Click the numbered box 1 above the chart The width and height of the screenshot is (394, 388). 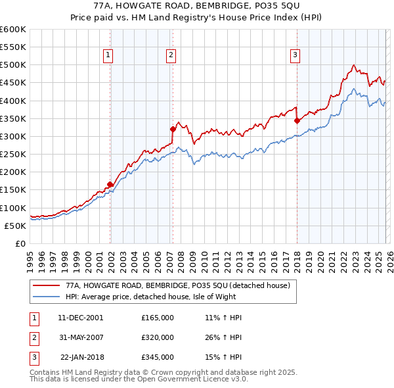108,56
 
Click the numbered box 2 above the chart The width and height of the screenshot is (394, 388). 171,56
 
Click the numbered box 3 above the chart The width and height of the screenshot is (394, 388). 295,56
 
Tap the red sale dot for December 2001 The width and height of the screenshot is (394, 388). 110,185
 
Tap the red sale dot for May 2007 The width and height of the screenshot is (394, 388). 173,130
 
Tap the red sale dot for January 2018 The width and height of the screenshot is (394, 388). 297,120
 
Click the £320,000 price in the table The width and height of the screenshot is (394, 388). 158,337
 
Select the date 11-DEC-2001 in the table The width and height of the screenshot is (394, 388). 80,317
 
